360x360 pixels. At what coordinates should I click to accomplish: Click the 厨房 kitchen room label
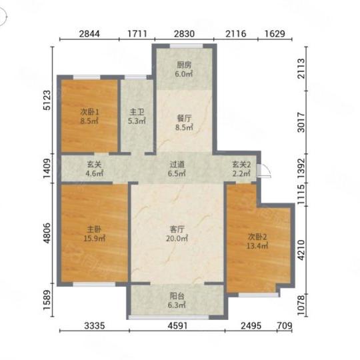click(184, 65)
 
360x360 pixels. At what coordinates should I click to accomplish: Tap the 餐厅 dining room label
click(184, 119)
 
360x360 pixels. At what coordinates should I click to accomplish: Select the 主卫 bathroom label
click(137, 112)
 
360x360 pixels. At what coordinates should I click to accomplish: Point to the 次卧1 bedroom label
click(89, 112)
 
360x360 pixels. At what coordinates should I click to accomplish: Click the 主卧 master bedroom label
click(94, 229)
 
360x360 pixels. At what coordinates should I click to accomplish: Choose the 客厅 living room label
click(177, 229)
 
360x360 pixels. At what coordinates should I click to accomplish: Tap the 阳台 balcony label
click(177, 296)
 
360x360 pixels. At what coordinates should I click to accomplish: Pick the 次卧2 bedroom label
click(257, 237)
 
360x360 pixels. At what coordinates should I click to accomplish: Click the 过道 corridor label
click(177, 165)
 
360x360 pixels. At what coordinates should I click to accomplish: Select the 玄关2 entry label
click(241, 165)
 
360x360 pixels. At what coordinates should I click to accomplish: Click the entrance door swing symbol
click(264, 171)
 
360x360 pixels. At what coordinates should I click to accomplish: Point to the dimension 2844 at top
click(89, 34)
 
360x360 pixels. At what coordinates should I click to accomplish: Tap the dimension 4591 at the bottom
click(177, 325)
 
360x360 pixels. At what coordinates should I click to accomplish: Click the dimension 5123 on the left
click(47, 100)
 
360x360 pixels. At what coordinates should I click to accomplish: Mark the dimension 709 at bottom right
click(285, 325)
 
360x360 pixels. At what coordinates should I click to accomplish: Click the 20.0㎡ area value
click(177, 239)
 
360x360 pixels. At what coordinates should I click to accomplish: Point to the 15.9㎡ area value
click(95, 239)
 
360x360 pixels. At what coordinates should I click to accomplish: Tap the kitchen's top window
click(186, 46)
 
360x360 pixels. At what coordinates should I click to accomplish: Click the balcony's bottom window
click(169, 317)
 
